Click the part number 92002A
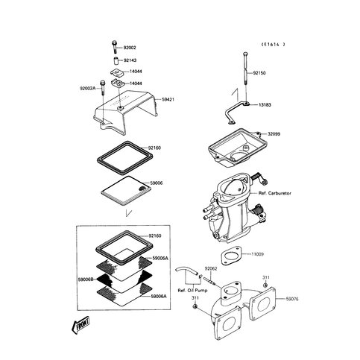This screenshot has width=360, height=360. [87, 88]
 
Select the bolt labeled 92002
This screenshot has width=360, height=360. [114, 47]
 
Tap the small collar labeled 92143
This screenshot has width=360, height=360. [116, 60]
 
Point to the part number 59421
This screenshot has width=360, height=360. [168, 99]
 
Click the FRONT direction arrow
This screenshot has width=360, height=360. [80, 325]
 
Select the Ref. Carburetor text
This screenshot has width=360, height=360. [274, 193]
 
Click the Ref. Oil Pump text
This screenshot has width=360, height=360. [192, 291]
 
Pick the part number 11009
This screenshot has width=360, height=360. [257, 254]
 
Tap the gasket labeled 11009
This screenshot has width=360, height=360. [231, 256]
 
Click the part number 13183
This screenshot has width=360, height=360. [265, 105]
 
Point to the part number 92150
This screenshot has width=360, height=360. [259, 73]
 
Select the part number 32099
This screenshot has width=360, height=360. [274, 134]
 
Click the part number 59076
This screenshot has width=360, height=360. [292, 299]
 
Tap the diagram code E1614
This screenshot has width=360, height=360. [274, 45]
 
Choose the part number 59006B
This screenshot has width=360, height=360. [86, 280]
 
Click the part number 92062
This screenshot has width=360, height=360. [211, 268]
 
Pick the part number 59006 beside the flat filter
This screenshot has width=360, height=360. [157, 183]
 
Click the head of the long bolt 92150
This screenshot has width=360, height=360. [245, 54]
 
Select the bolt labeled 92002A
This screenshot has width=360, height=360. [102, 88]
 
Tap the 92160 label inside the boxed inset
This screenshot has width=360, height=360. [155, 236]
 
